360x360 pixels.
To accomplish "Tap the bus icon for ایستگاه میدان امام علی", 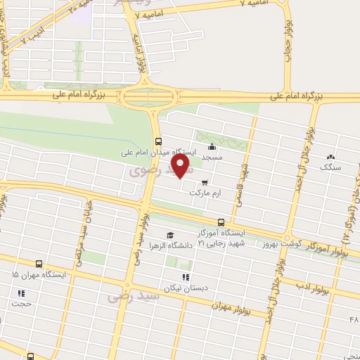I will click(x=158, y=139).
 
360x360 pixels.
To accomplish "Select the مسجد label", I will click(x=212, y=157).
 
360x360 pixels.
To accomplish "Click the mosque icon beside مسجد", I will click(x=212, y=147).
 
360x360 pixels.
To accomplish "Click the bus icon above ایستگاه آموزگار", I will click(x=221, y=222).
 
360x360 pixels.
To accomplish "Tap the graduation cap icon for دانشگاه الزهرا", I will click(x=170, y=235).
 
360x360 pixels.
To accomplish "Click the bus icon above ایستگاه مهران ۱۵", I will click(x=37, y=264).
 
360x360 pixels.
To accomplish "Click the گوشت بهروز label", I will click(x=281, y=245).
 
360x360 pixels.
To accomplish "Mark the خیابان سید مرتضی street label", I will click(x=82, y=243).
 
